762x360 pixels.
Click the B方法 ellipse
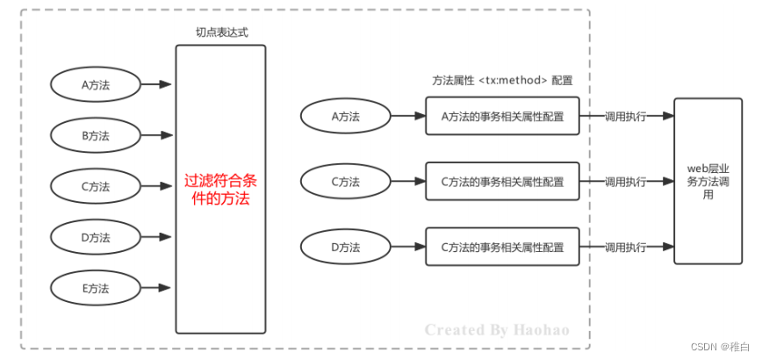[x=95, y=135]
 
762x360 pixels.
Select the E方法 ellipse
[x=95, y=287]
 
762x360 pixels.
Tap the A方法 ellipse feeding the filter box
[x=95, y=85]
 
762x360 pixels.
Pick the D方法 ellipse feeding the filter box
[x=95, y=237]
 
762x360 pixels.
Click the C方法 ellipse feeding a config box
[x=345, y=182]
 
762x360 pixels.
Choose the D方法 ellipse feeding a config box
[x=345, y=247]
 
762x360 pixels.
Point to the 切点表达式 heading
[x=220, y=32]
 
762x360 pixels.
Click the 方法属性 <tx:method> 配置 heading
[x=502, y=80]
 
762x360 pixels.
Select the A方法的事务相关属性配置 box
[x=502, y=116]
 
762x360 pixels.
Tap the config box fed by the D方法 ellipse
[x=502, y=247]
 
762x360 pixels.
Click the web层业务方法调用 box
[x=708, y=181]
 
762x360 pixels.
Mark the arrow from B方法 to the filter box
[x=156, y=135]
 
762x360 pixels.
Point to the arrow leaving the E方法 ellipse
[x=156, y=287]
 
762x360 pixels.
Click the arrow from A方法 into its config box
[x=407, y=116]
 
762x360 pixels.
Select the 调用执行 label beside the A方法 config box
[x=625, y=116]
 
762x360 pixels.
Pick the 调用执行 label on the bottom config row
[x=625, y=247]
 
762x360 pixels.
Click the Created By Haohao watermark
[x=497, y=330]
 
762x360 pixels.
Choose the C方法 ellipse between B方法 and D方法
[x=95, y=186]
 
